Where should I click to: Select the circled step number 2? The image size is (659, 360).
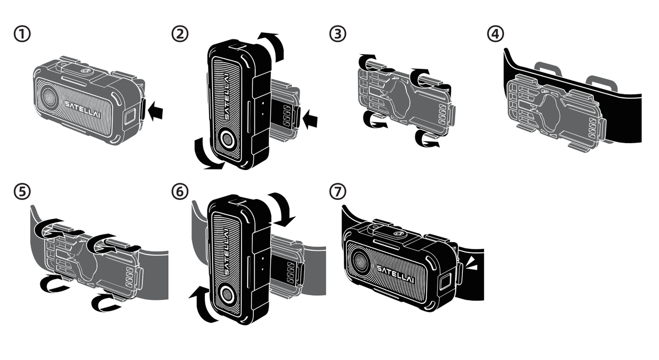click(181, 35)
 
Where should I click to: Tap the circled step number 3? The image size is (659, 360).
click(338, 35)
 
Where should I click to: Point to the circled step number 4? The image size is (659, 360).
click(496, 35)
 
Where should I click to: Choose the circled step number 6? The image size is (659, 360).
click(181, 192)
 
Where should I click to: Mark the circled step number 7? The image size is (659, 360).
click(338, 192)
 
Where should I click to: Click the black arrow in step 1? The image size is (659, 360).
click(157, 110)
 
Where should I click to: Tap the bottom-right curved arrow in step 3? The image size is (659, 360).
click(427, 140)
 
